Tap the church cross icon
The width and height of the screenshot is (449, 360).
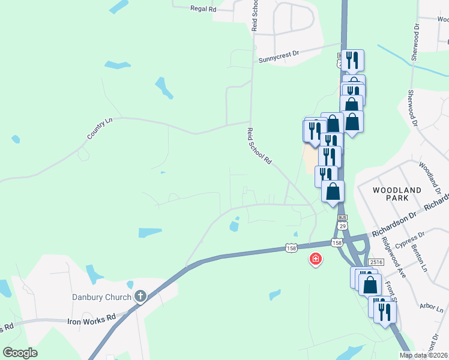pos(140,296)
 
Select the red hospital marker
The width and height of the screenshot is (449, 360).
pos(315,259)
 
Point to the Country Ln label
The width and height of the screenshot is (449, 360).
pos(100,129)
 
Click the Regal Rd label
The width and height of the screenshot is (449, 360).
pos(202,8)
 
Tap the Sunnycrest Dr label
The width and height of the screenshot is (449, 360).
pos(279,58)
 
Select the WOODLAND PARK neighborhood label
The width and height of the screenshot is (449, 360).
pos(397,194)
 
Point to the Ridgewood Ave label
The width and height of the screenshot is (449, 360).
pos(393,257)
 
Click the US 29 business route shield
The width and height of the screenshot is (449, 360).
pos(342,220)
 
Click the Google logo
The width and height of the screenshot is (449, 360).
pos(20,352)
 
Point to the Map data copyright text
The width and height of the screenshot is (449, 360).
pos(424,355)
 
